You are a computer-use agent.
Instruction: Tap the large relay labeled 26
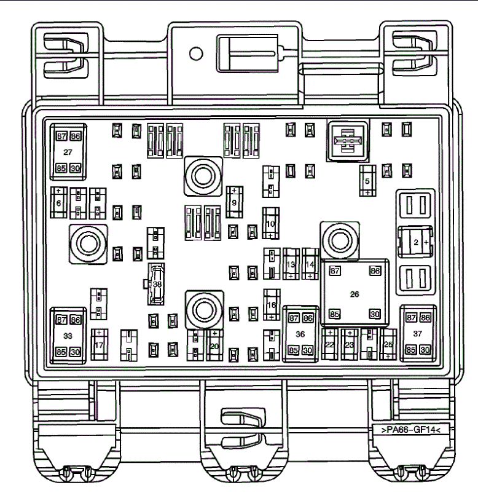(354, 293)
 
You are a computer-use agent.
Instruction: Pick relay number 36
(300, 334)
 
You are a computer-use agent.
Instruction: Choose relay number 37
(418, 334)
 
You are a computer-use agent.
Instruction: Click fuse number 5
(367, 181)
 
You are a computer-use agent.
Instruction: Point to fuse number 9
(234, 201)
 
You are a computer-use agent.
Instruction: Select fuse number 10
(270, 224)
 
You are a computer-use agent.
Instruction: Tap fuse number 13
(291, 264)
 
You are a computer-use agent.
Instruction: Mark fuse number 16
(271, 304)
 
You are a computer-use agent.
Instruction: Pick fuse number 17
(99, 345)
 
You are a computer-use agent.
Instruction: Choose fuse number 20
(214, 345)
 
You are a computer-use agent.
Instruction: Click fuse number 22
(330, 345)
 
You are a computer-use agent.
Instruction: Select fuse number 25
(388, 345)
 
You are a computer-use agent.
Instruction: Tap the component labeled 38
(157, 285)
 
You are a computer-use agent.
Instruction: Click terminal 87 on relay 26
(335, 270)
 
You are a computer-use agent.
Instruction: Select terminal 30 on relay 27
(76, 167)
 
